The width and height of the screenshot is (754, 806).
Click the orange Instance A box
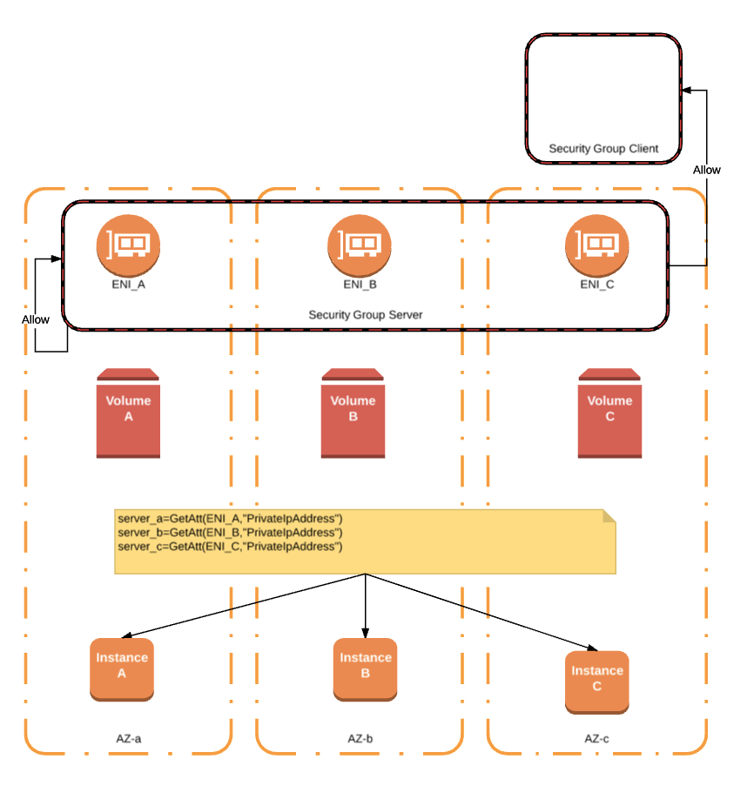(x=122, y=668)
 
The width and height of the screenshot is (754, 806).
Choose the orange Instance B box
(x=366, y=668)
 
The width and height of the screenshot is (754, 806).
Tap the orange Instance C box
(x=596, y=682)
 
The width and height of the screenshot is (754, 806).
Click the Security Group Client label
(x=603, y=149)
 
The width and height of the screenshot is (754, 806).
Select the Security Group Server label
(x=366, y=314)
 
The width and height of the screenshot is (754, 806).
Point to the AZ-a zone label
(x=129, y=738)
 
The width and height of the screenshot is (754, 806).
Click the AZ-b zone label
(x=360, y=738)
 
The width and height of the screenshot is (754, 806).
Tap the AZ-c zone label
(x=596, y=738)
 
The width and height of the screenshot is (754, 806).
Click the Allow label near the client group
(x=706, y=170)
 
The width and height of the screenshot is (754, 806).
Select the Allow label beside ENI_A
(x=36, y=319)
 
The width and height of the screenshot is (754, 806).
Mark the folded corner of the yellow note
(x=609, y=516)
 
